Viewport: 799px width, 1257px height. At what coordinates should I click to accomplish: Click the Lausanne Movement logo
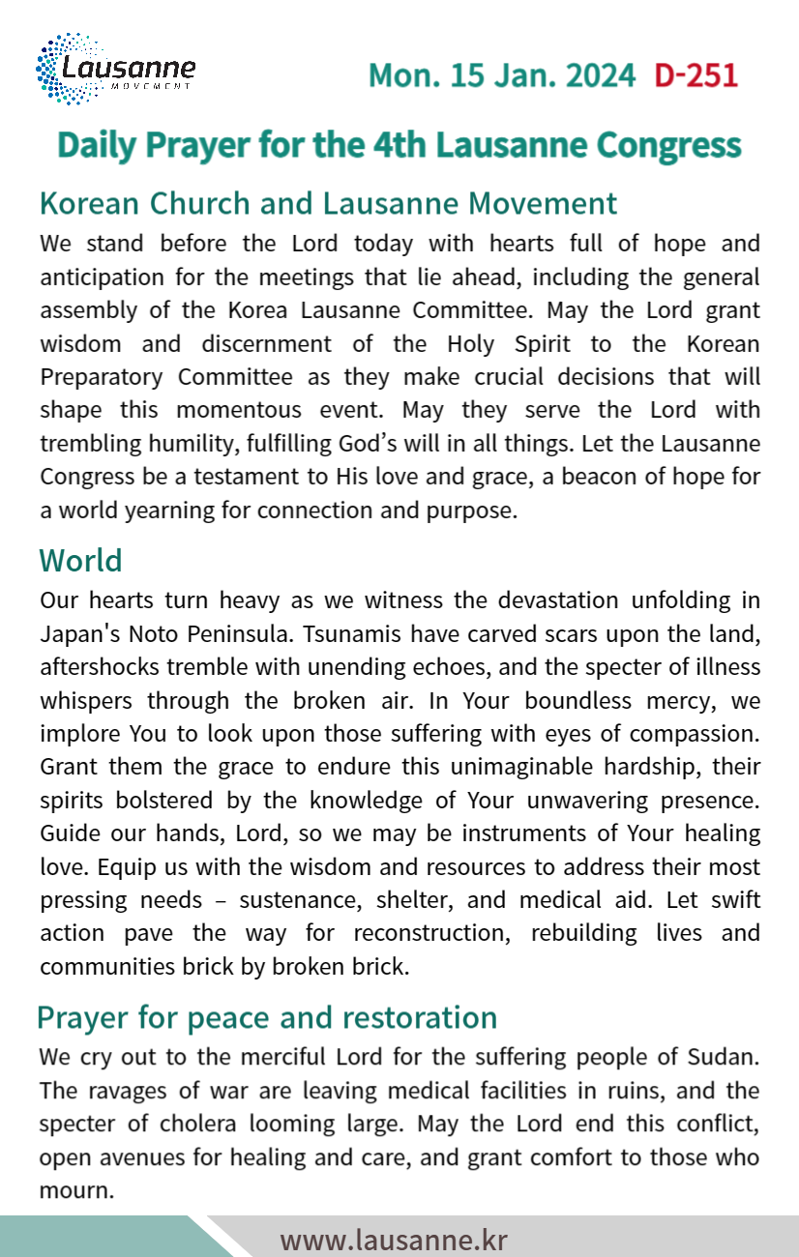[x=115, y=69]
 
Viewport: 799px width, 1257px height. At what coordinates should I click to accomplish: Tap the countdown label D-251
[x=695, y=75]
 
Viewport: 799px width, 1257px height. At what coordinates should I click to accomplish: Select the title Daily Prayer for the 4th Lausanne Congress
[x=399, y=145]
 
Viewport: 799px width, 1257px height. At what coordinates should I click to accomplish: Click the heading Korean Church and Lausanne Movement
[x=328, y=204]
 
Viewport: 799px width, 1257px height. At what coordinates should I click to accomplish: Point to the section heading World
[x=80, y=561]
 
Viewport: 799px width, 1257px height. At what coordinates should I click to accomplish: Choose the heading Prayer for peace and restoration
[x=267, y=1017]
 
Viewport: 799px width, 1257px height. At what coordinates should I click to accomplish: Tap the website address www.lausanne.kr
[x=394, y=1239]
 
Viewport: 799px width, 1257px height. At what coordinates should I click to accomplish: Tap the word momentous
[x=210, y=409]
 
